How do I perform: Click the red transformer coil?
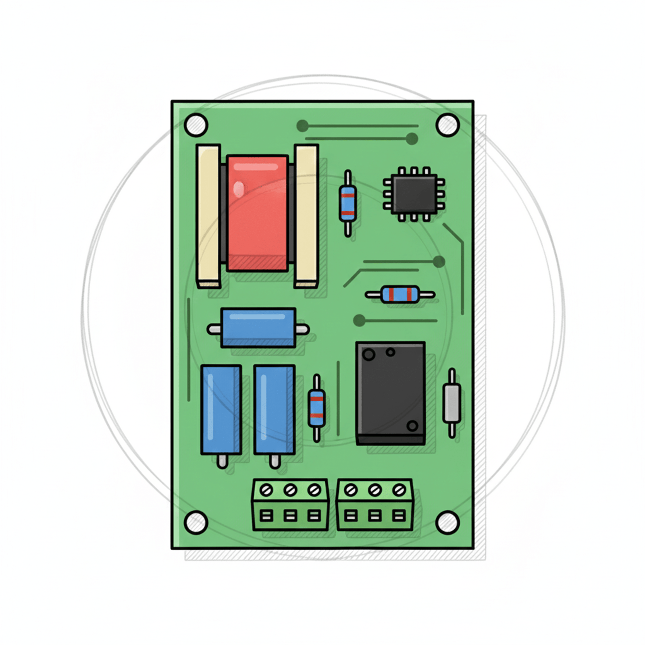258,213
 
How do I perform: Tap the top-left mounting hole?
196,125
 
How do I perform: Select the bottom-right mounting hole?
447,522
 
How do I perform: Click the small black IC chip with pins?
414,194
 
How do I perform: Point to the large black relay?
390,393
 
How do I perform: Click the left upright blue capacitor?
221,409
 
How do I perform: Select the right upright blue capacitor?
274,409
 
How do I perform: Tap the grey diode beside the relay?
451,403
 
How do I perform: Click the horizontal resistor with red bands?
400,295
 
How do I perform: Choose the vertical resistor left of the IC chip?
347,204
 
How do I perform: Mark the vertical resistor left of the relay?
316,408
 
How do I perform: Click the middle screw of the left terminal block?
290,490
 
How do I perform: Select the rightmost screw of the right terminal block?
399,490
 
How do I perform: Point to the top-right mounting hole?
447,125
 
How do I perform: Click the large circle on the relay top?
368,355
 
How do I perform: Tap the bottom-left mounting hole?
196,522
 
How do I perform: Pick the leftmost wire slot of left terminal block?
266,516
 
